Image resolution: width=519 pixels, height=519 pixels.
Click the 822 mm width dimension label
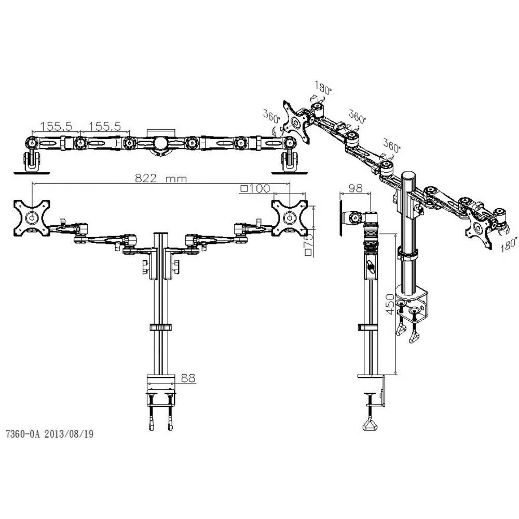click(161, 179)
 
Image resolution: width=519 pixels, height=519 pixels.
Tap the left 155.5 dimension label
click(56, 126)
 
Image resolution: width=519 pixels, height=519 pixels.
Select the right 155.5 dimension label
click(105, 126)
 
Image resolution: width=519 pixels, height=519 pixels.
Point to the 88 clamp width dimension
click(188, 378)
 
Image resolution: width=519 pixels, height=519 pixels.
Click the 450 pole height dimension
click(390, 304)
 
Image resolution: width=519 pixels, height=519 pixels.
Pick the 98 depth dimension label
click(356, 188)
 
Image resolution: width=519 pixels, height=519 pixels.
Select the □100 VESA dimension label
click(255, 188)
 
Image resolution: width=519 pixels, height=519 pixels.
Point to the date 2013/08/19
click(69, 434)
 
